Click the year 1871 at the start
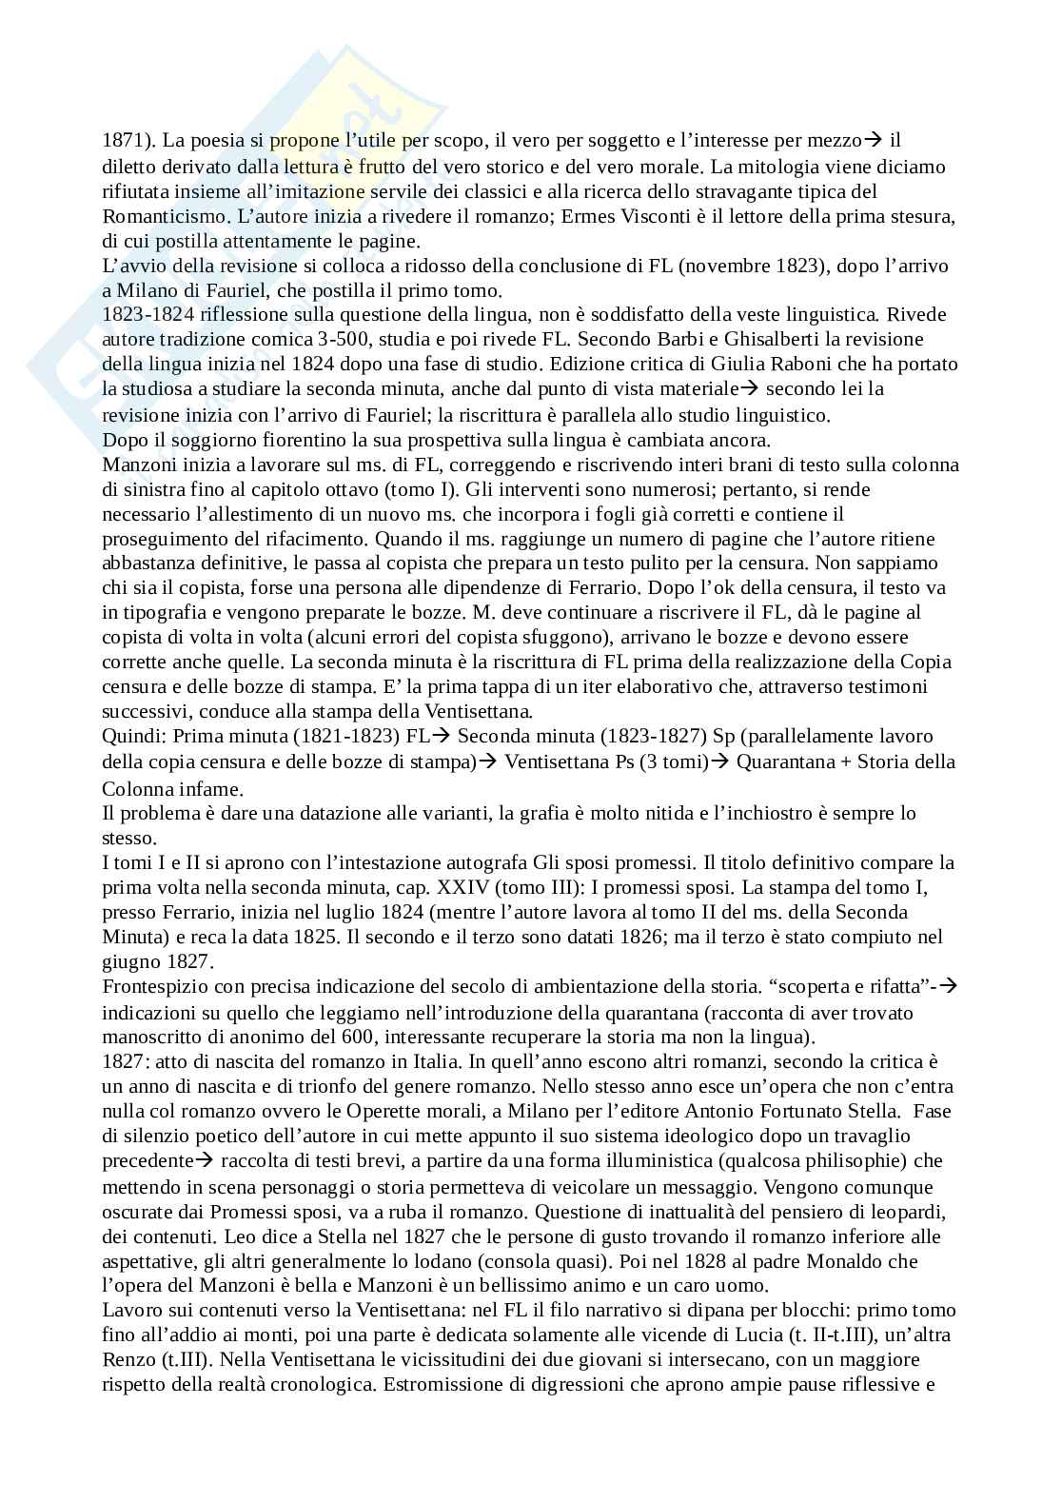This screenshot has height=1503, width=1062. coord(121,141)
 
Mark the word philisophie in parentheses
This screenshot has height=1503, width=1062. coord(855,1160)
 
